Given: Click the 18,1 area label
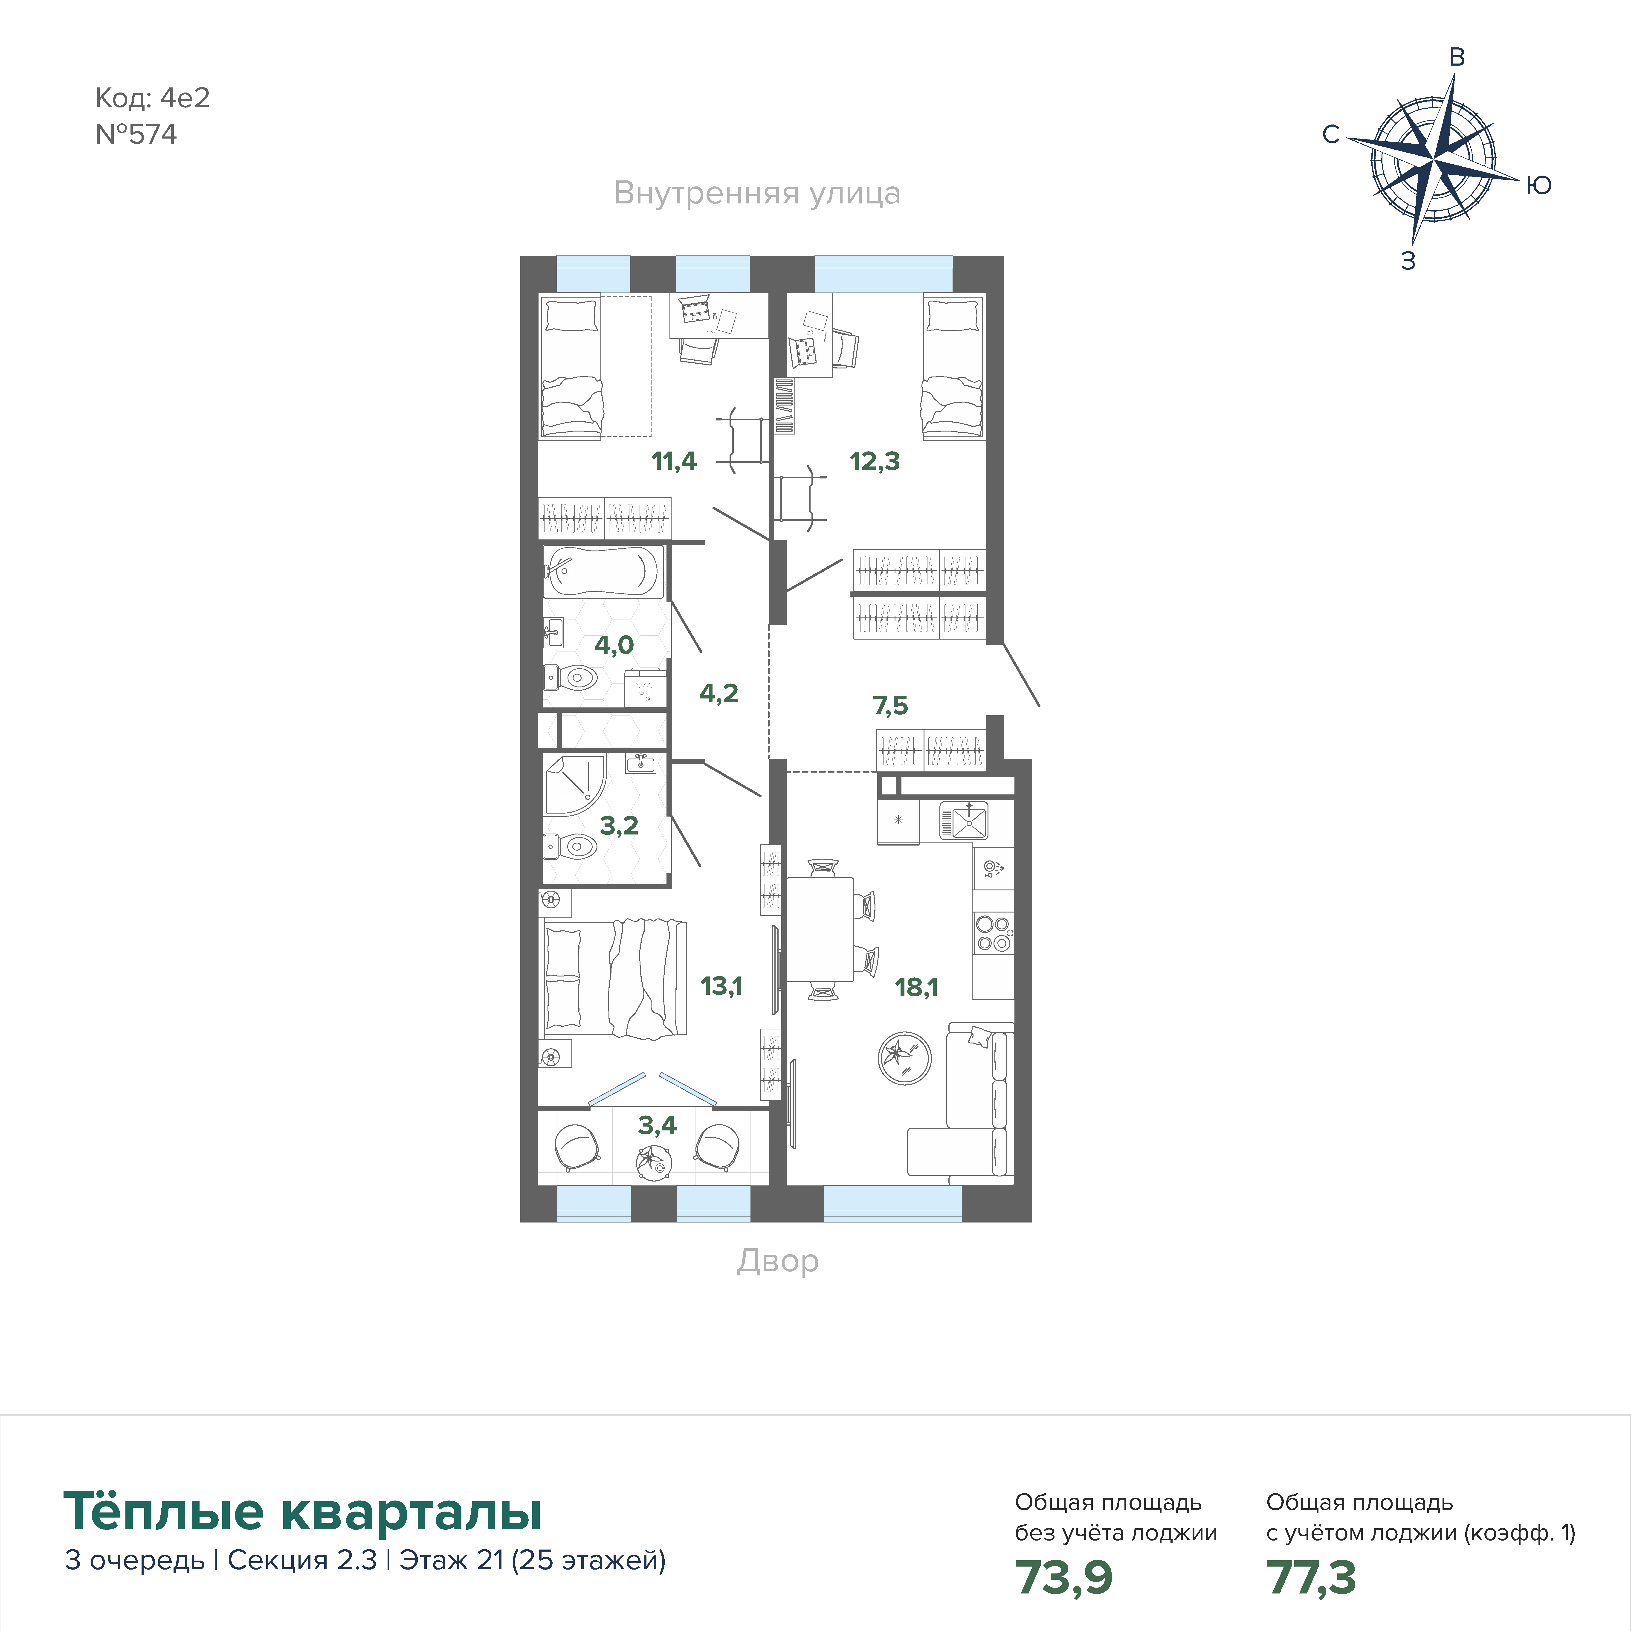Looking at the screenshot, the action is (x=916, y=987).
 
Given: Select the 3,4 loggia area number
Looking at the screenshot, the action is (x=657, y=1125).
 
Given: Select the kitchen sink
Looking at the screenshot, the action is (x=964, y=820).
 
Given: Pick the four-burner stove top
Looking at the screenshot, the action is (x=993, y=933).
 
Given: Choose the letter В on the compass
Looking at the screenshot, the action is (x=1456, y=57).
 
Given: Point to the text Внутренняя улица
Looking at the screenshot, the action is (x=757, y=193).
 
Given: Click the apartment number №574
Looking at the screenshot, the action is (x=136, y=134).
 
